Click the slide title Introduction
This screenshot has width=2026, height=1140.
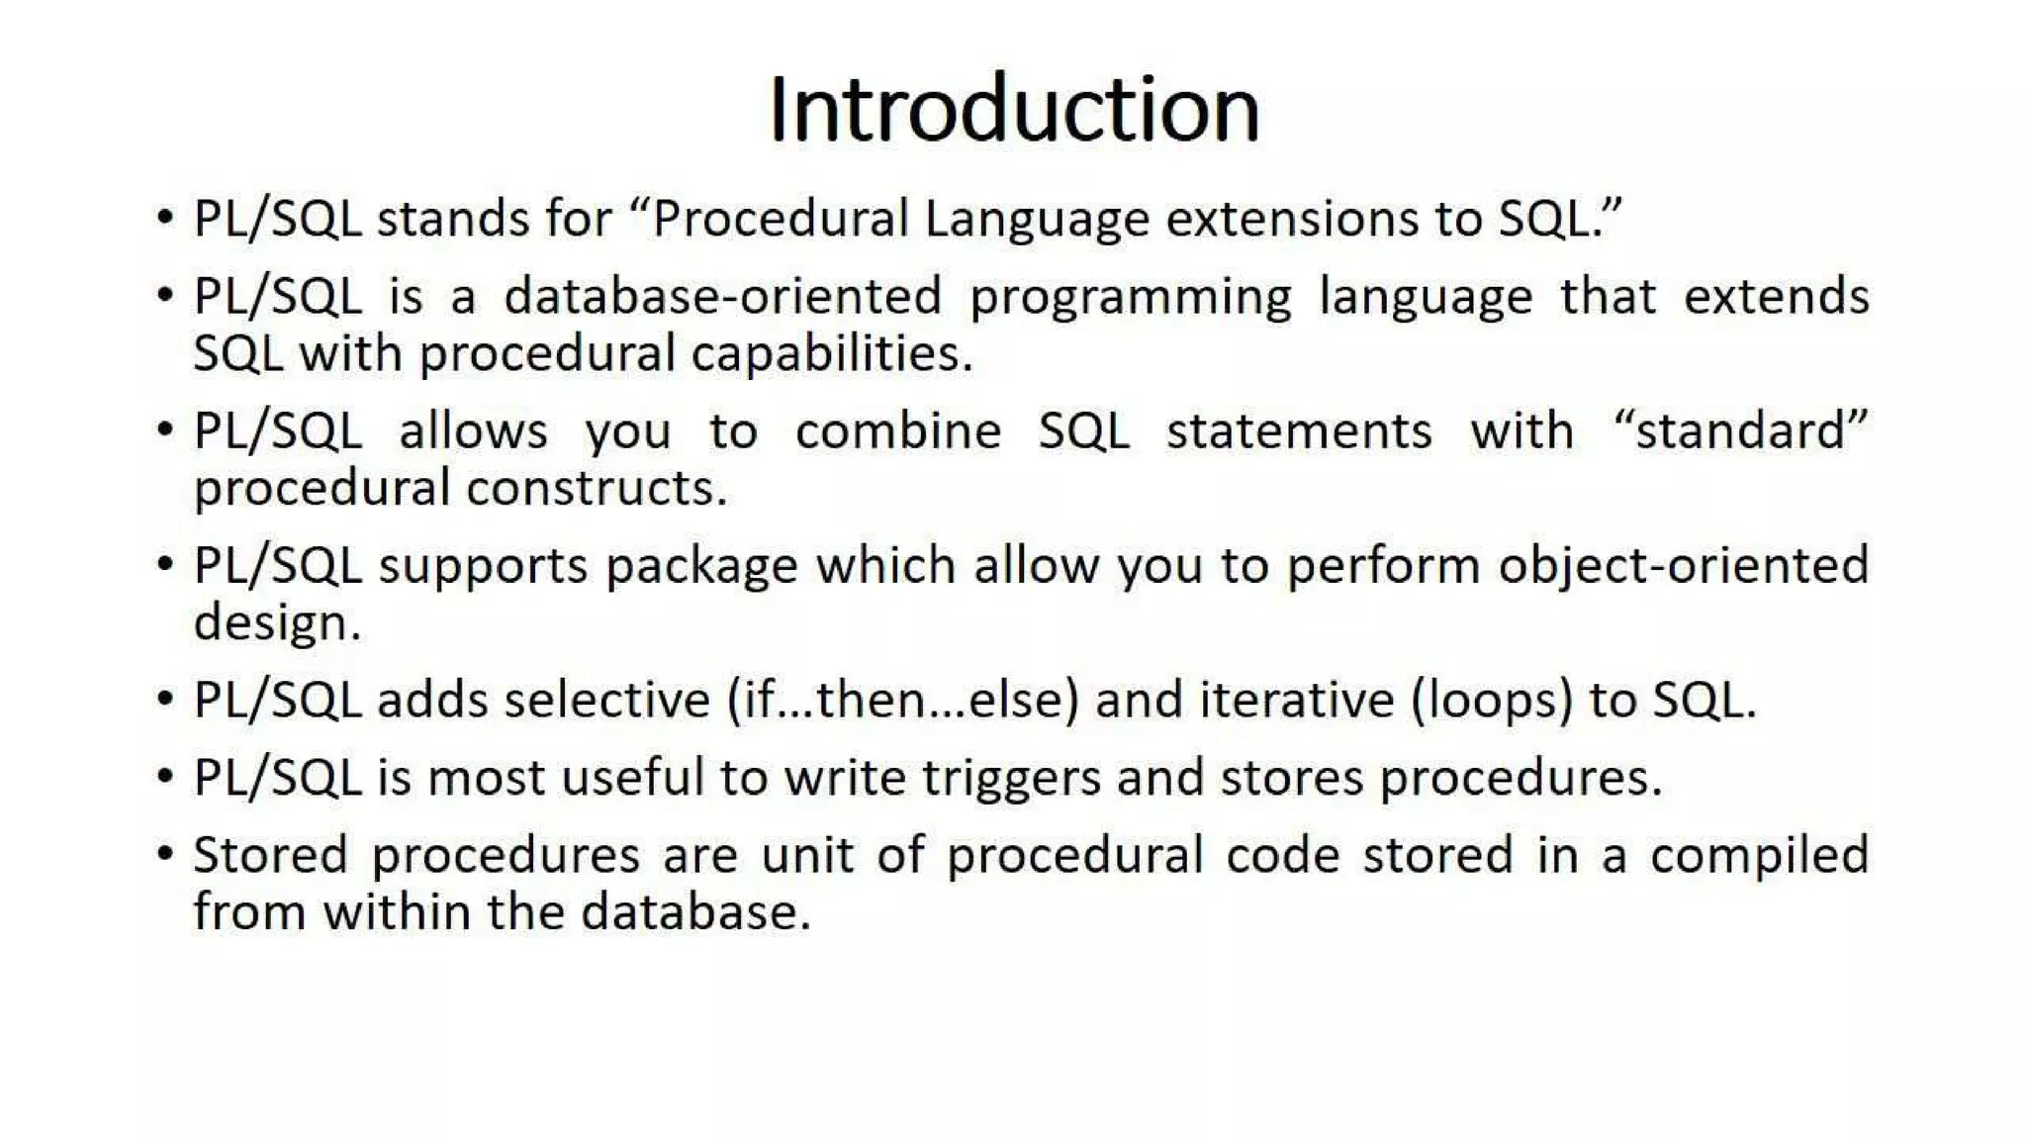1013,109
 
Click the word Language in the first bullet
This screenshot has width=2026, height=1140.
1036,220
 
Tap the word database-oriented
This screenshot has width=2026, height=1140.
722,296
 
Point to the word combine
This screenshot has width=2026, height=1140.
898,431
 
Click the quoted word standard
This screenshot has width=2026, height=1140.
1740,431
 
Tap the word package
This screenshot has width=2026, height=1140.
701,567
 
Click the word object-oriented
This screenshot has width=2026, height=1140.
1683,566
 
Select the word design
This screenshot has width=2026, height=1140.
277,623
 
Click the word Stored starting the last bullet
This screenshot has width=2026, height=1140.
270,855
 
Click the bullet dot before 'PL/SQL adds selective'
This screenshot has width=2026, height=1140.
165,699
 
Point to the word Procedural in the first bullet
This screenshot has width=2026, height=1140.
781,219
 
